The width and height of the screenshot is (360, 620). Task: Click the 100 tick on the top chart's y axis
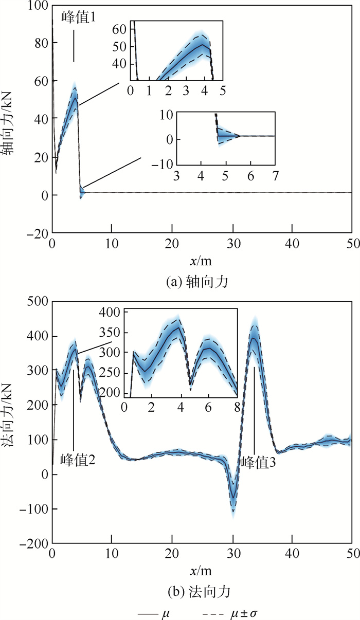(x=40, y=6)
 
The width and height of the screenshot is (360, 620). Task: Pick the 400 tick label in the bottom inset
(x=112, y=312)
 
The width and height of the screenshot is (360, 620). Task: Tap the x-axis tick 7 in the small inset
(x=275, y=176)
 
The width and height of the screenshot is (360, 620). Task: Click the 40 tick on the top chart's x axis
(x=292, y=243)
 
